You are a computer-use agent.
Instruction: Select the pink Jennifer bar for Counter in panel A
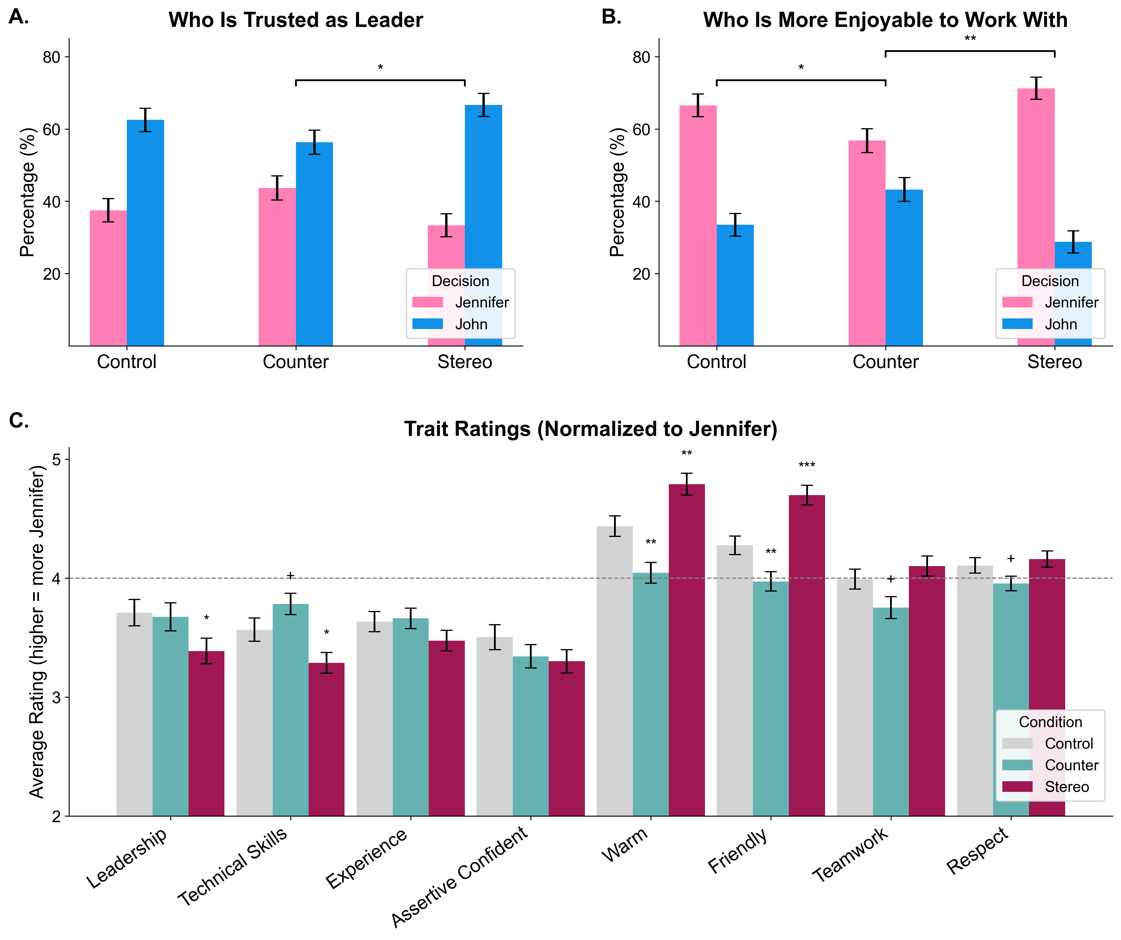[277, 267]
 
